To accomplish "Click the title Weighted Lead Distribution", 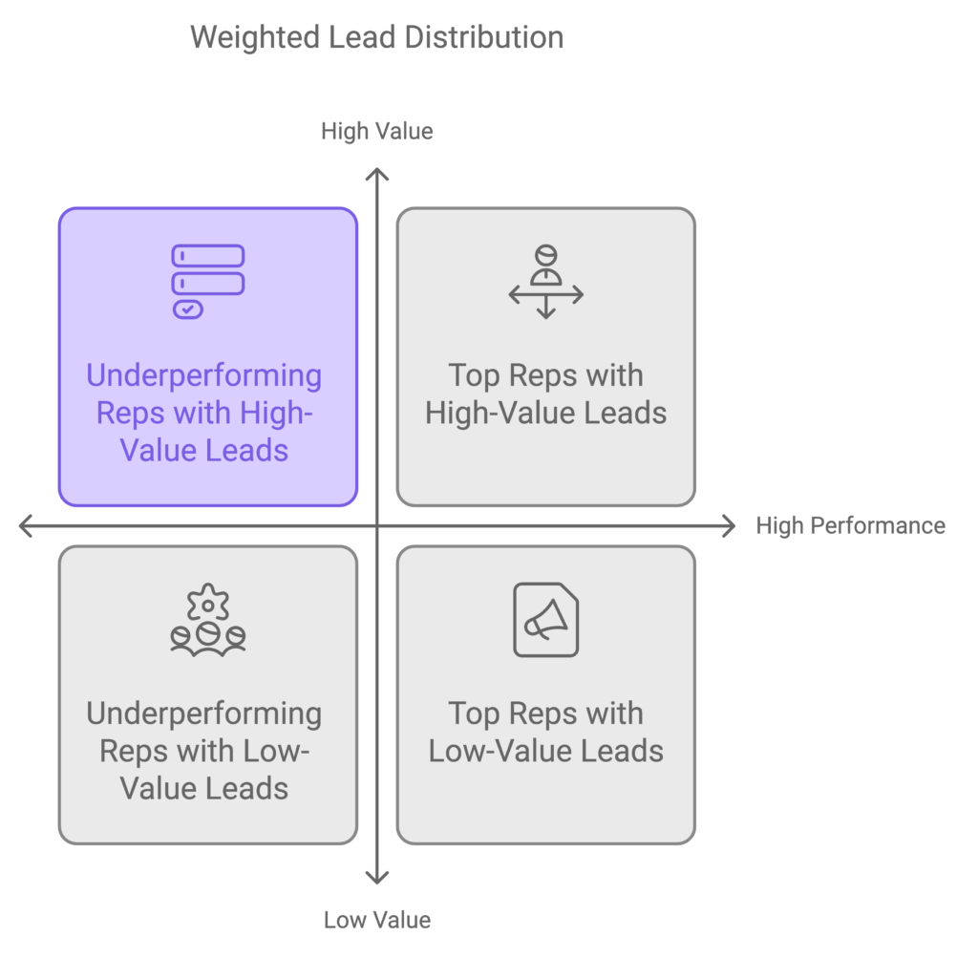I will tap(376, 37).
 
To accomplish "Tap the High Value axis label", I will tap(376, 131).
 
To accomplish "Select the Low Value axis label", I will tap(376, 920).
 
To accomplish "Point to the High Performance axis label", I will tap(850, 525).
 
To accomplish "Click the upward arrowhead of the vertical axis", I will tap(377, 174).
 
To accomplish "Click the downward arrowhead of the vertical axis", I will tap(377, 877).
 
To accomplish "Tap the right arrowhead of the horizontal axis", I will tap(730, 525).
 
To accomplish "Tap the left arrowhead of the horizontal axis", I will tap(25, 525).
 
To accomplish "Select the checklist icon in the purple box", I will tap(207, 282).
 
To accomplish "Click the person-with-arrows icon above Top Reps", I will tap(545, 282).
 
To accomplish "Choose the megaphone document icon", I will tap(545, 620).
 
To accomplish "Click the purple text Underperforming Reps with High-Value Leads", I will tap(204, 413).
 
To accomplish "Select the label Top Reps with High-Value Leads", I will tap(545, 394).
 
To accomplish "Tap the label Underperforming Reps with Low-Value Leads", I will tap(204, 751).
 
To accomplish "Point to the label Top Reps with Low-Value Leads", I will tap(545, 732).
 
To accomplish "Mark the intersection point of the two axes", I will tap(377, 525).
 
